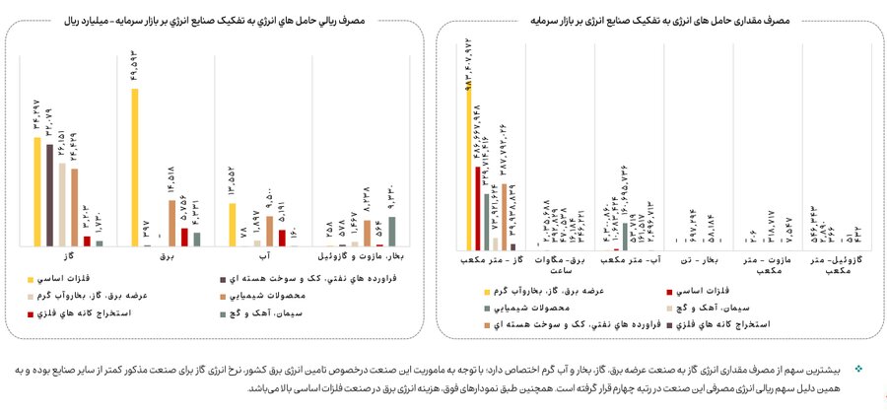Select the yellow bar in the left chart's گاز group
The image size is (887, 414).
coord(37,191)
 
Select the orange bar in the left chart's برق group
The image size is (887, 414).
coord(172,222)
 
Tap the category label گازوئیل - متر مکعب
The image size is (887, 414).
coord(827,264)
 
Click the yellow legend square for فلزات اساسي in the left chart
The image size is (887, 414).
coord(31,278)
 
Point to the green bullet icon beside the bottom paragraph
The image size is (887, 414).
coord(857,369)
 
